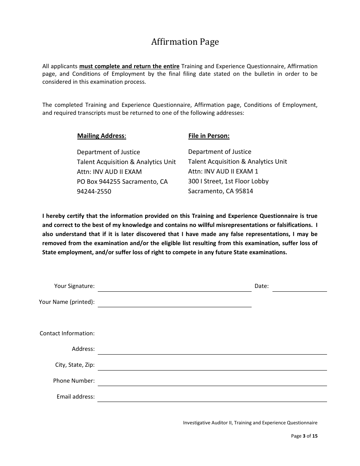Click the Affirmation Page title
185,42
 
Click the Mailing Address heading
102,136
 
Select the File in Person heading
209,136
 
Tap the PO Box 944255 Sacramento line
122,181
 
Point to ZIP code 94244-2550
94,191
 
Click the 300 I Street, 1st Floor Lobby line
228,181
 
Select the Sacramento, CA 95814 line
221,191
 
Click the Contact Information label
67,333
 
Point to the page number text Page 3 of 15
304,436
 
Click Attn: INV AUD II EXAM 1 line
223,171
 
